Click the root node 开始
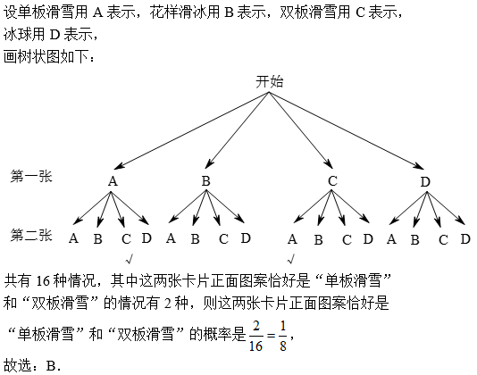269,82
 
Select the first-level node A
113,181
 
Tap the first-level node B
206,181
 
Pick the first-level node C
332,181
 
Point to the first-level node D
425,182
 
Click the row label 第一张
31,177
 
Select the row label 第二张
31,235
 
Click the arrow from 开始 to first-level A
191,130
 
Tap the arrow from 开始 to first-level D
347,130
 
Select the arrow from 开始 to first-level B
237,130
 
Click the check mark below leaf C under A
130,260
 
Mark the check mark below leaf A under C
291,259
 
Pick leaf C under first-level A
126,239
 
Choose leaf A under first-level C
292,239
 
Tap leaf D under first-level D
465,239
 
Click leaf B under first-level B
196,239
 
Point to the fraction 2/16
255,336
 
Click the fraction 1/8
283,336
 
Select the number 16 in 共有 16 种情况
43,281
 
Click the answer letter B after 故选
51,365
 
